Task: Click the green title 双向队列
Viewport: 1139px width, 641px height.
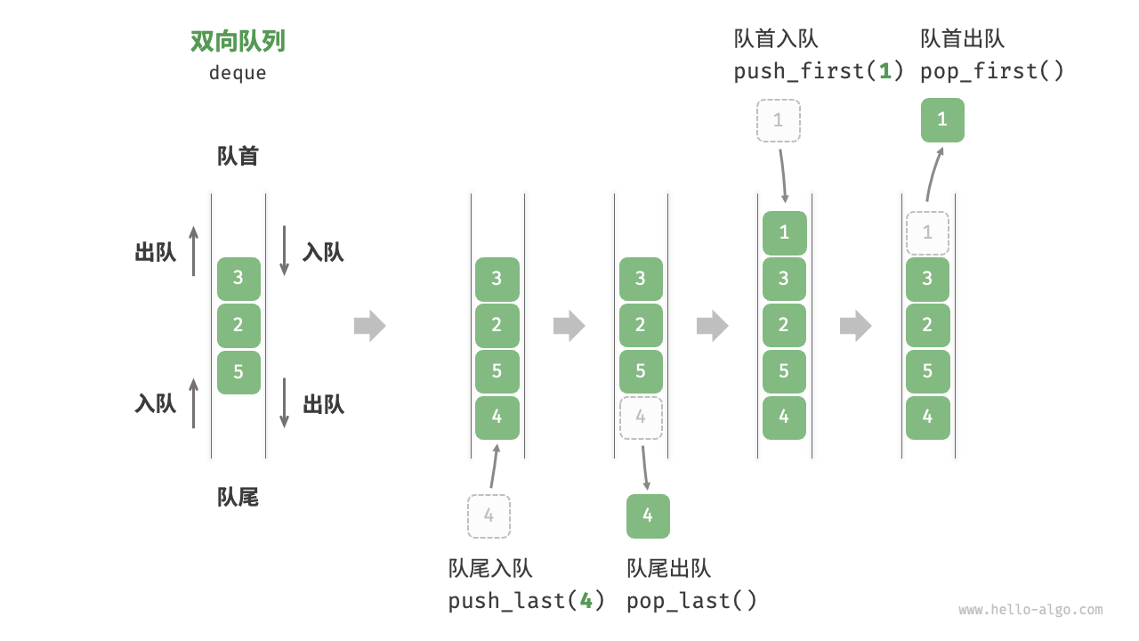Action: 238,42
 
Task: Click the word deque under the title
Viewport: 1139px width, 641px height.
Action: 238,73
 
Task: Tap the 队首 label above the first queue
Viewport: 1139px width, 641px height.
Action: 238,157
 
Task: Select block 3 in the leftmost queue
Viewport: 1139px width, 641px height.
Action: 238,279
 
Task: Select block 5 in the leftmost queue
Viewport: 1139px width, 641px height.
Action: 238,372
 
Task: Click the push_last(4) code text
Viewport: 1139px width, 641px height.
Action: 527,601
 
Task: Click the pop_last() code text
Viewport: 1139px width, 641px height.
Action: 691,601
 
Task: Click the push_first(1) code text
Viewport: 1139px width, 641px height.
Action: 819,71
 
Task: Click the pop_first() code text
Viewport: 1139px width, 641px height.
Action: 992,71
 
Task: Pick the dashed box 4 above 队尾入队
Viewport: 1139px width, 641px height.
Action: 489,516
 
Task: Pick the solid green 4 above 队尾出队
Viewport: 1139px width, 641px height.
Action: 648,516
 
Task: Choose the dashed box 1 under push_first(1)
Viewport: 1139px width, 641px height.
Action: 779,120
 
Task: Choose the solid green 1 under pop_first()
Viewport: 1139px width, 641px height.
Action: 942,120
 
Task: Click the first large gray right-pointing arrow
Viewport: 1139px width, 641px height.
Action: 370,326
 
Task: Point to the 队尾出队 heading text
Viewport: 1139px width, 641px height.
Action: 668,569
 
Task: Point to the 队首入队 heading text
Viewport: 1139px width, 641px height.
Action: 775,38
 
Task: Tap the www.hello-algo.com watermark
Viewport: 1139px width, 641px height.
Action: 1030,611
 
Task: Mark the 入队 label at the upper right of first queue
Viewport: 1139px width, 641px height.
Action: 323,253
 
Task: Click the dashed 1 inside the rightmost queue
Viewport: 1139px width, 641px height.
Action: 927,233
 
